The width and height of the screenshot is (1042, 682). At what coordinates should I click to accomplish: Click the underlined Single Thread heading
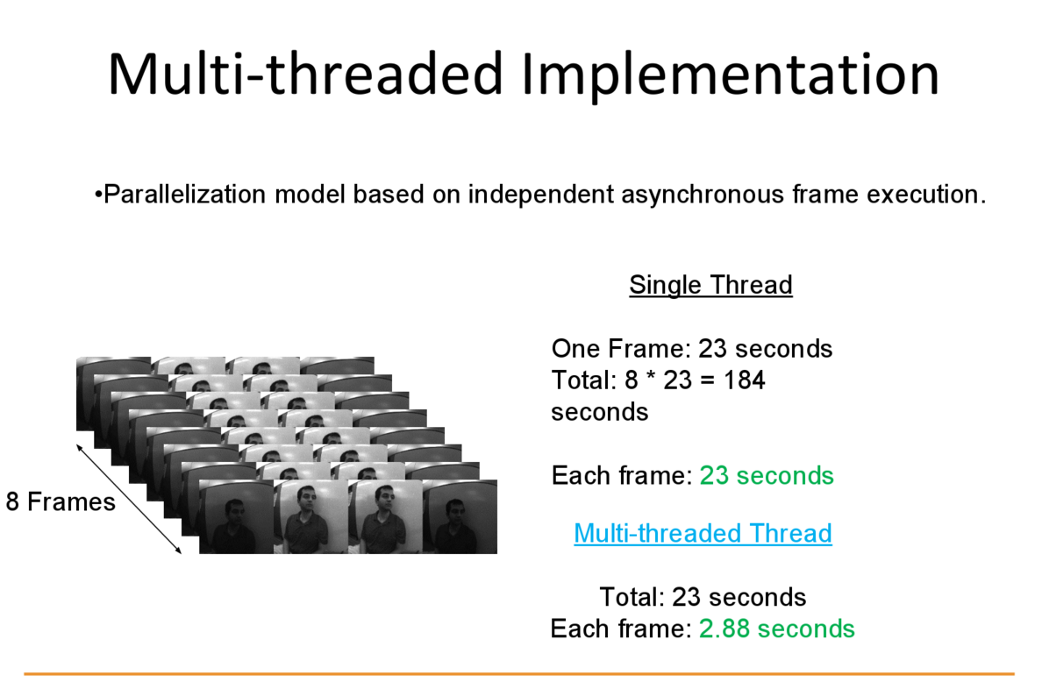pos(710,285)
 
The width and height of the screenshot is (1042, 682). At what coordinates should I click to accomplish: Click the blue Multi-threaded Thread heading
pos(703,533)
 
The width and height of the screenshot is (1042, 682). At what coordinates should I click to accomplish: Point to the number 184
pos(744,380)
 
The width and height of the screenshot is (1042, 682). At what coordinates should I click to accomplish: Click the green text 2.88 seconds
pos(777,629)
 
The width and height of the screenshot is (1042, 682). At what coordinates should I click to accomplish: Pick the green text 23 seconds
pos(767,475)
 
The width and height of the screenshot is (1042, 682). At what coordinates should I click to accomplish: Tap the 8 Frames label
pos(61,502)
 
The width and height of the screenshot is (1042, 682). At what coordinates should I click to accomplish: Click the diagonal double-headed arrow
pos(128,498)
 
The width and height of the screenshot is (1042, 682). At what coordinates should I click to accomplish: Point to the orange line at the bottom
pos(519,674)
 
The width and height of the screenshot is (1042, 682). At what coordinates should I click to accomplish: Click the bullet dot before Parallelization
pos(97,195)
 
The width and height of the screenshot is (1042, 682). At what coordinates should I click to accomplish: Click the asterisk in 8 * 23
pos(651,377)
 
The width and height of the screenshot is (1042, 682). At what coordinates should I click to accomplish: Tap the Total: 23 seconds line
pos(703,597)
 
